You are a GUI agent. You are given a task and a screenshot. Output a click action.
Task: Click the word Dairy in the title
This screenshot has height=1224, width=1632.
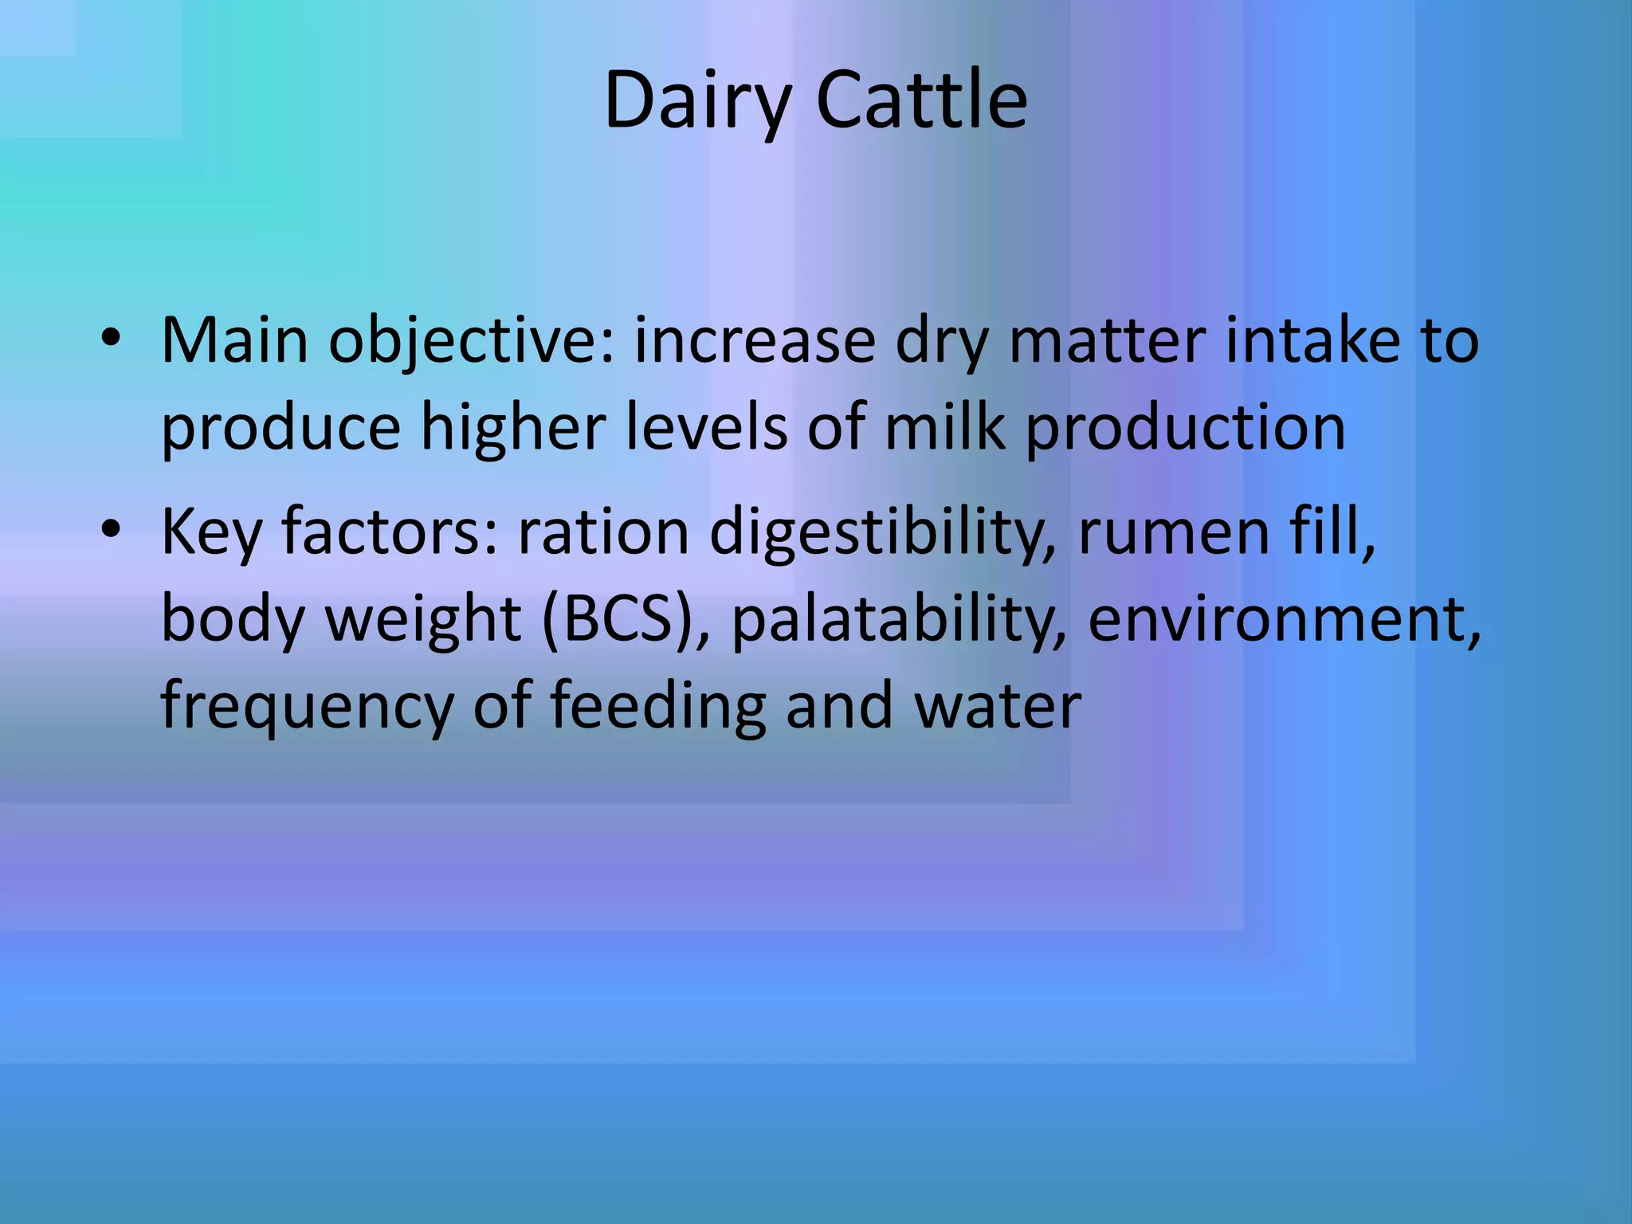click(697, 102)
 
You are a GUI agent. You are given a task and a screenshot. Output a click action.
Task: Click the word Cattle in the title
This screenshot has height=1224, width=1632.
click(922, 102)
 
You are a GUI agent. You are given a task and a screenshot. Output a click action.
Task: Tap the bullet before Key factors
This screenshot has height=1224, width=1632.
click(110, 531)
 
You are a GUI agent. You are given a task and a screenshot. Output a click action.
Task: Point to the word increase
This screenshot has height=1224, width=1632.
click(754, 341)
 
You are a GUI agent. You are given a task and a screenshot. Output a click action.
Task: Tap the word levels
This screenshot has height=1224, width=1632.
click(706, 428)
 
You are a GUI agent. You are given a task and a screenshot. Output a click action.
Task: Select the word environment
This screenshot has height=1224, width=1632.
click(1283, 620)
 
